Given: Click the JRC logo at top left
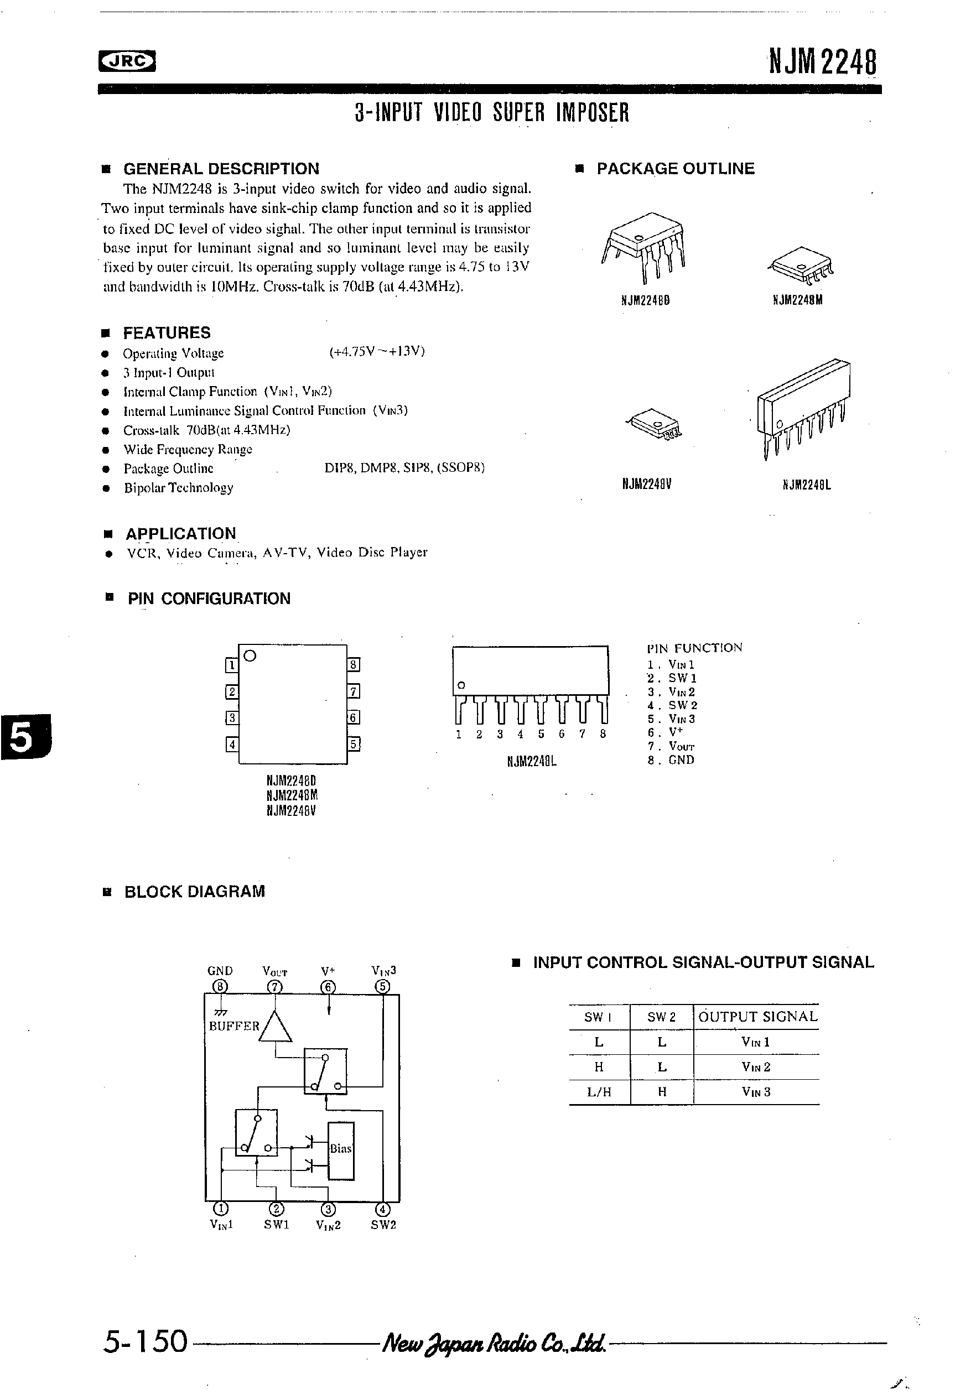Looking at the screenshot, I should (127, 60).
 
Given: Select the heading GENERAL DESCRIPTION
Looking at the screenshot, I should (221, 169).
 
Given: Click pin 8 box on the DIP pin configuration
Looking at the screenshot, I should (354, 665).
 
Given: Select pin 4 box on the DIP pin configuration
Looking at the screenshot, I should (232, 745).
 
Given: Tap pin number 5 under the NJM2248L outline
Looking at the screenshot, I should (541, 734).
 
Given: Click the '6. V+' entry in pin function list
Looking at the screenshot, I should (665, 732).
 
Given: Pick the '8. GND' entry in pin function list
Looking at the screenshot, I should (671, 760).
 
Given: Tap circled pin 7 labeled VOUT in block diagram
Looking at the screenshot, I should (275, 987).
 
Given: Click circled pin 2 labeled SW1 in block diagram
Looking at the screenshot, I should (276, 1209).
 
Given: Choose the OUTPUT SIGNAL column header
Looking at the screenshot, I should (757, 1017).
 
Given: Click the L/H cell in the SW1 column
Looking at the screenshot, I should (599, 1092).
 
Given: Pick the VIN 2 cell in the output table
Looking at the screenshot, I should (756, 1067).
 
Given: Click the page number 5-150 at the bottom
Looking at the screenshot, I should (145, 1341).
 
